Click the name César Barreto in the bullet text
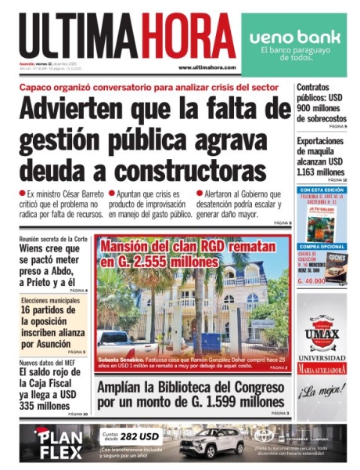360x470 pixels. click(77, 193)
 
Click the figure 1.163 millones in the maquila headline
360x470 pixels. click(321, 172)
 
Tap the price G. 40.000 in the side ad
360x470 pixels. click(311, 280)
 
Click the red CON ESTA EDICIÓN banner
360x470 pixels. click(322, 190)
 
